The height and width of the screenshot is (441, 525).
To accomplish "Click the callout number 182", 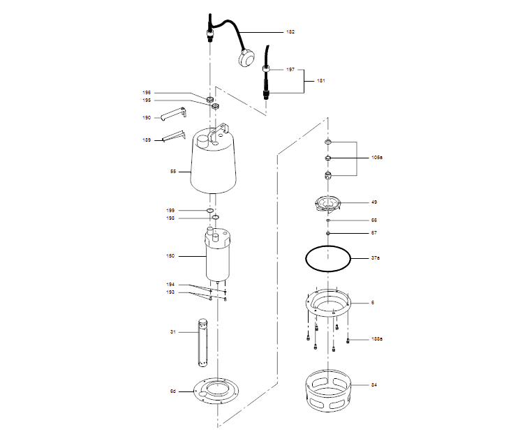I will pyautogui.click(x=290, y=32).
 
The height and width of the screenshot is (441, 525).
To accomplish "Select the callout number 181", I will pyautogui.click(x=321, y=81).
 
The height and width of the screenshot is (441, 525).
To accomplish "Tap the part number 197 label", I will pyautogui.click(x=290, y=70).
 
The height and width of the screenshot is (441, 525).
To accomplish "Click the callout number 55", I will pyautogui.click(x=173, y=171).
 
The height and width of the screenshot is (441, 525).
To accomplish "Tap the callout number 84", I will pyautogui.click(x=374, y=384).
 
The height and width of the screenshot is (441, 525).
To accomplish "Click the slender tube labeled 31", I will pyautogui.click(x=203, y=342).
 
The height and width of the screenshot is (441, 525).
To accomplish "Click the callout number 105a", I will pyautogui.click(x=376, y=158).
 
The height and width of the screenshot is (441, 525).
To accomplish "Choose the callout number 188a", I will pyautogui.click(x=376, y=340).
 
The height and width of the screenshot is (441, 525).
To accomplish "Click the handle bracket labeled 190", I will pyautogui.click(x=172, y=112).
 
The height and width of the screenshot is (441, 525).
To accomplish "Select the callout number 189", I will pyautogui.click(x=147, y=140).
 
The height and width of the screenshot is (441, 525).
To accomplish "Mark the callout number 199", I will pyautogui.click(x=170, y=210).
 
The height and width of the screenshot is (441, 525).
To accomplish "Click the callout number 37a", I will pyautogui.click(x=375, y=258).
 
